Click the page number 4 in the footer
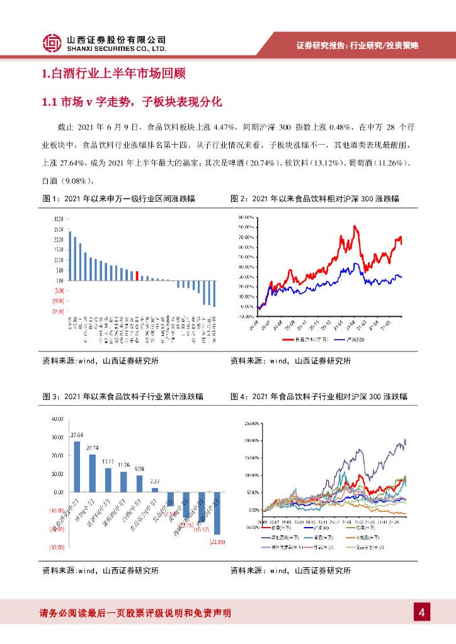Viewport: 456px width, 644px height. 422,613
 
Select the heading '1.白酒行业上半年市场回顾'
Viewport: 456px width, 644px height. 113,75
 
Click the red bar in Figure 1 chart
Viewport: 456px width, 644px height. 137,276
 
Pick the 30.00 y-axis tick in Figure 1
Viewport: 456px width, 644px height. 59,219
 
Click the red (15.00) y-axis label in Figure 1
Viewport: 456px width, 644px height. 58,311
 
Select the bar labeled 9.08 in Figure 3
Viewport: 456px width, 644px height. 139,484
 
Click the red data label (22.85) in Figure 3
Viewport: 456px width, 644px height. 218,543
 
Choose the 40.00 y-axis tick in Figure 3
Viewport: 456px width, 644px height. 57,419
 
